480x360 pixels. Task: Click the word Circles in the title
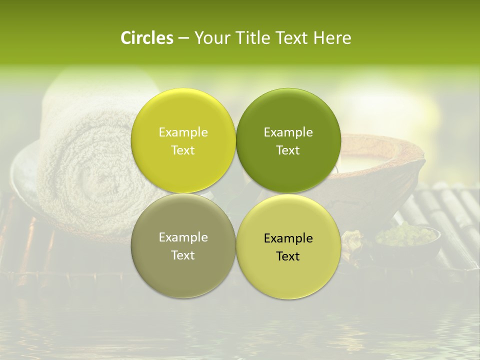pos(147,38)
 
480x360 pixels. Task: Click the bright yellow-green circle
pos(183,140)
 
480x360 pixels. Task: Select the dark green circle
pos(288,140)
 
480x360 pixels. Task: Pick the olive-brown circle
pos(183,245)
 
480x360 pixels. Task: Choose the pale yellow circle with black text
pos(288,246)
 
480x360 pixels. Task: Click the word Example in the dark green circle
pos(288,132)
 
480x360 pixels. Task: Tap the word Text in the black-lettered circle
pos(288,256)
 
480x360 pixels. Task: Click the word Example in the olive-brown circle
pos(183,237)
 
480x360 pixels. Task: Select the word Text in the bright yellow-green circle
pos(183,150)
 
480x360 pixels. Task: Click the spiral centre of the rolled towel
pos(100,180)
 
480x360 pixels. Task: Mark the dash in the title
pos(183,38)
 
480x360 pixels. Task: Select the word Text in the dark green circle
pos(288,150)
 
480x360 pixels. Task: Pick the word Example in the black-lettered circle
pos(288,238)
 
